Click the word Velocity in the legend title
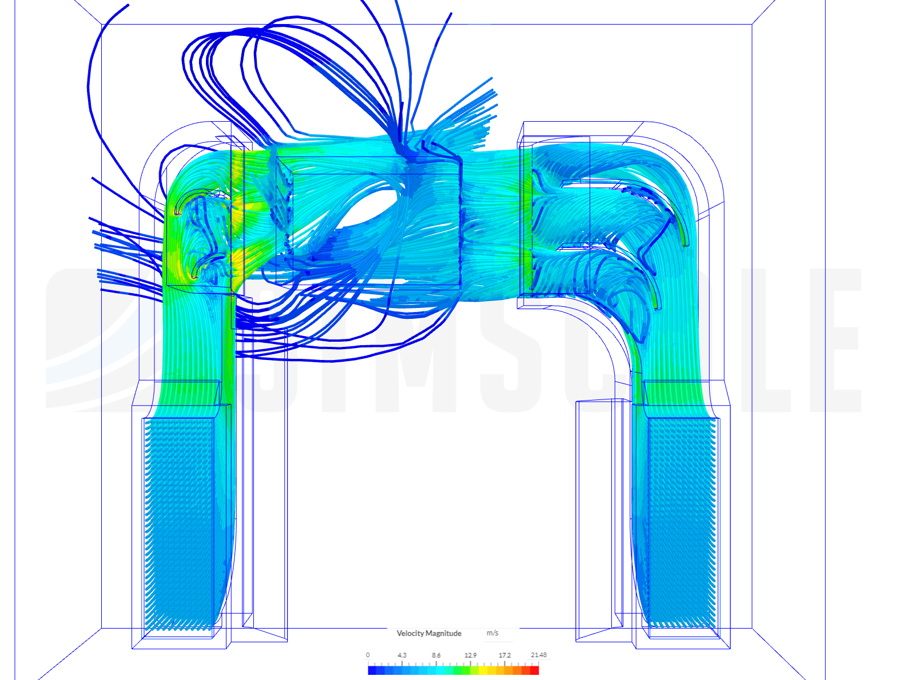click(410, 633)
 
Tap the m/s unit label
click(492, 633)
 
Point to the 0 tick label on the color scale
click(368, 655)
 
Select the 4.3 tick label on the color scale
click(402, 655)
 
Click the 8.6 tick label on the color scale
click(436, 655)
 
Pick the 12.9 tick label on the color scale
click(470, 655)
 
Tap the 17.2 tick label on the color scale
click(504, 655)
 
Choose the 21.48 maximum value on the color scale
click(539, 655)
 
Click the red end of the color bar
click(535, 670)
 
